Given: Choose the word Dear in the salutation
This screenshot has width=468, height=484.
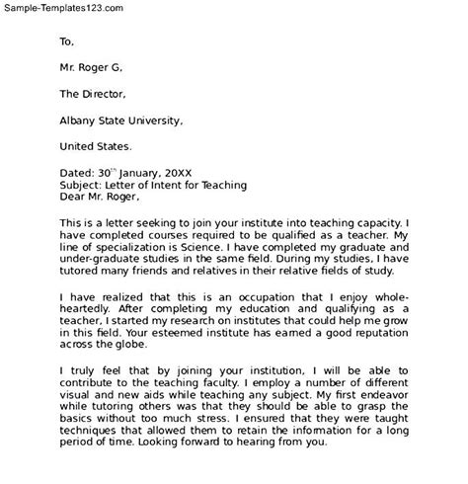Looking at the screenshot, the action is click(75, 199).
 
